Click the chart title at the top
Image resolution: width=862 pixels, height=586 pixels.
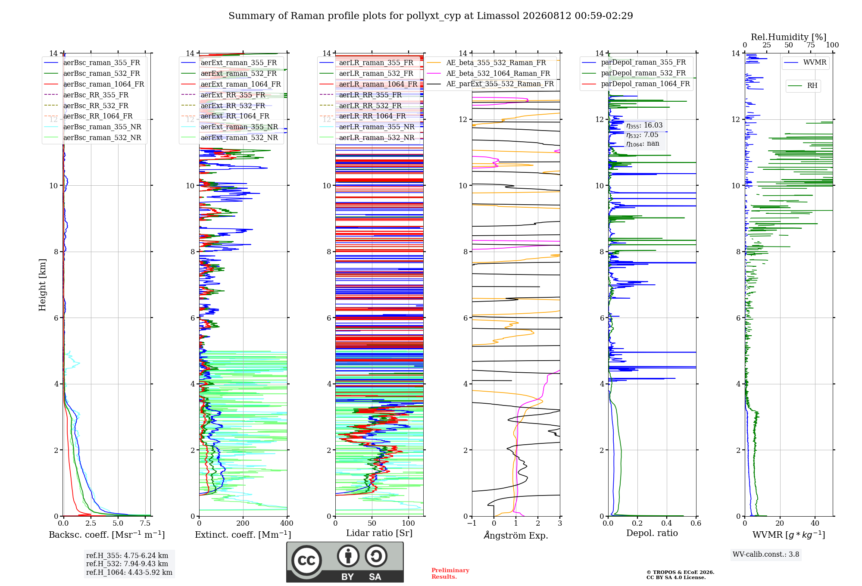tap(431, 16)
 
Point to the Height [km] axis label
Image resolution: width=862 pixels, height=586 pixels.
tap(42, 285)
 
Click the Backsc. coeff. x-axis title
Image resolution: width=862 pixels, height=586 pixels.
tap(107, 535)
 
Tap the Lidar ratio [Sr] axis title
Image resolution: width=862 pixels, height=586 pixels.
tap(379, 533)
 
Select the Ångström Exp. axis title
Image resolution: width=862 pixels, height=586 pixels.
tap(516, 535)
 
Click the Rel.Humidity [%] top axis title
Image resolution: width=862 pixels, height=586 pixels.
tap(789, 37)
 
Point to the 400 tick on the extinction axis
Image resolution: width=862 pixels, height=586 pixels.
tap(287, 523)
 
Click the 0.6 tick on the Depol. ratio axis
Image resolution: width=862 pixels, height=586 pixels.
tap(696, 523)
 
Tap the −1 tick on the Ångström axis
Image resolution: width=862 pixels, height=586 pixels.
tap(472, 523)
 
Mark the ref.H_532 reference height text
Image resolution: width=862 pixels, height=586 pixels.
tap(127, 564)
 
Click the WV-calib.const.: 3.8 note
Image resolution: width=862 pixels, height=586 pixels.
tap(766, 554)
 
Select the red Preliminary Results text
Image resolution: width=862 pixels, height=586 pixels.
tap(450, 573)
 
